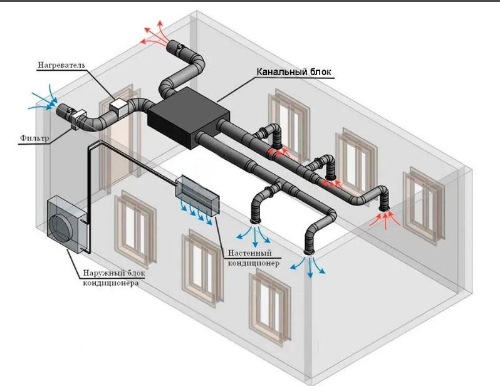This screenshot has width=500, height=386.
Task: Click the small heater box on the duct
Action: pyautogui.click(x=118, y=107)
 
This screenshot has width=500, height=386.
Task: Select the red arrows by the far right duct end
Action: pyautogui.click(x=383, y=219)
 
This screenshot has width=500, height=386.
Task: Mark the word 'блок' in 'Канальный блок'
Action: pyautogui.click(x=320, y=71)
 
